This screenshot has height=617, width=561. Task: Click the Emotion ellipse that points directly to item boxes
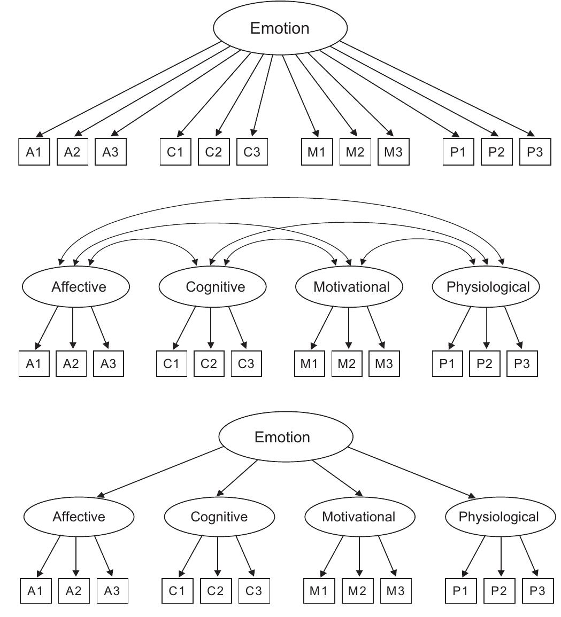(280, 28)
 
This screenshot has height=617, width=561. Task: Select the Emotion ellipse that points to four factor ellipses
(286, 438)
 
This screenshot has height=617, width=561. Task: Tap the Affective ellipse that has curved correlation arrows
(76, 287)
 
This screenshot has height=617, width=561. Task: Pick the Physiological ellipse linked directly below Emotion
(498, 517)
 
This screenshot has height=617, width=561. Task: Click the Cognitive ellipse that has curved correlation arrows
(212, 287)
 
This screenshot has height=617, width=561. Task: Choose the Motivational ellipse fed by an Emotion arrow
(359, 517)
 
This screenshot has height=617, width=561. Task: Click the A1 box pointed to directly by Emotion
(34, 152)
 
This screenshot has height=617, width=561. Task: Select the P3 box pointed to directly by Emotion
(535, 152)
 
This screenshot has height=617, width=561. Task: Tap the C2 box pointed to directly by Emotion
(213, 152)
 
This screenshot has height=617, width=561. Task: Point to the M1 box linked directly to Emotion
(316, 152)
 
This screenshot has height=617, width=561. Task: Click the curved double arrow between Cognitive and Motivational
(280, 239)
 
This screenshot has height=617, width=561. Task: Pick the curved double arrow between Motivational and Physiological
(418, 239)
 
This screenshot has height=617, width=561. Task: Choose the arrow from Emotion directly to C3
(263, 94)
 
